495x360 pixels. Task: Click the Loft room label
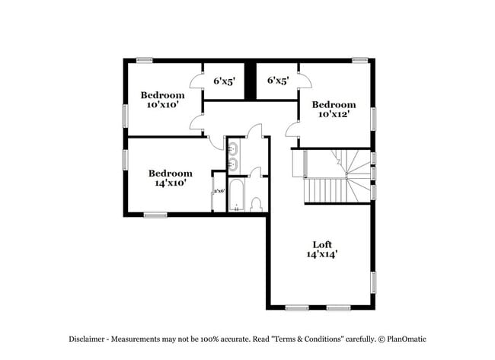pos(322,244)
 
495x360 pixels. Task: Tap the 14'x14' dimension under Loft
pos(322,255)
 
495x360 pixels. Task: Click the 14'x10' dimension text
pos(170,183)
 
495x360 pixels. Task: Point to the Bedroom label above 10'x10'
pos(162,95)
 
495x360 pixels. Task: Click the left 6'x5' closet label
pos(224,80)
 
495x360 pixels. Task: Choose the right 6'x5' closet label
pos(277,80)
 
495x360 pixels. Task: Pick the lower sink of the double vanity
pos(234,163)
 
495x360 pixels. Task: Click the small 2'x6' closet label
pos(219,191)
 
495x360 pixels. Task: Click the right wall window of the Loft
pos(374,282)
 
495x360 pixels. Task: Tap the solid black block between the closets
pos(250,79)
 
